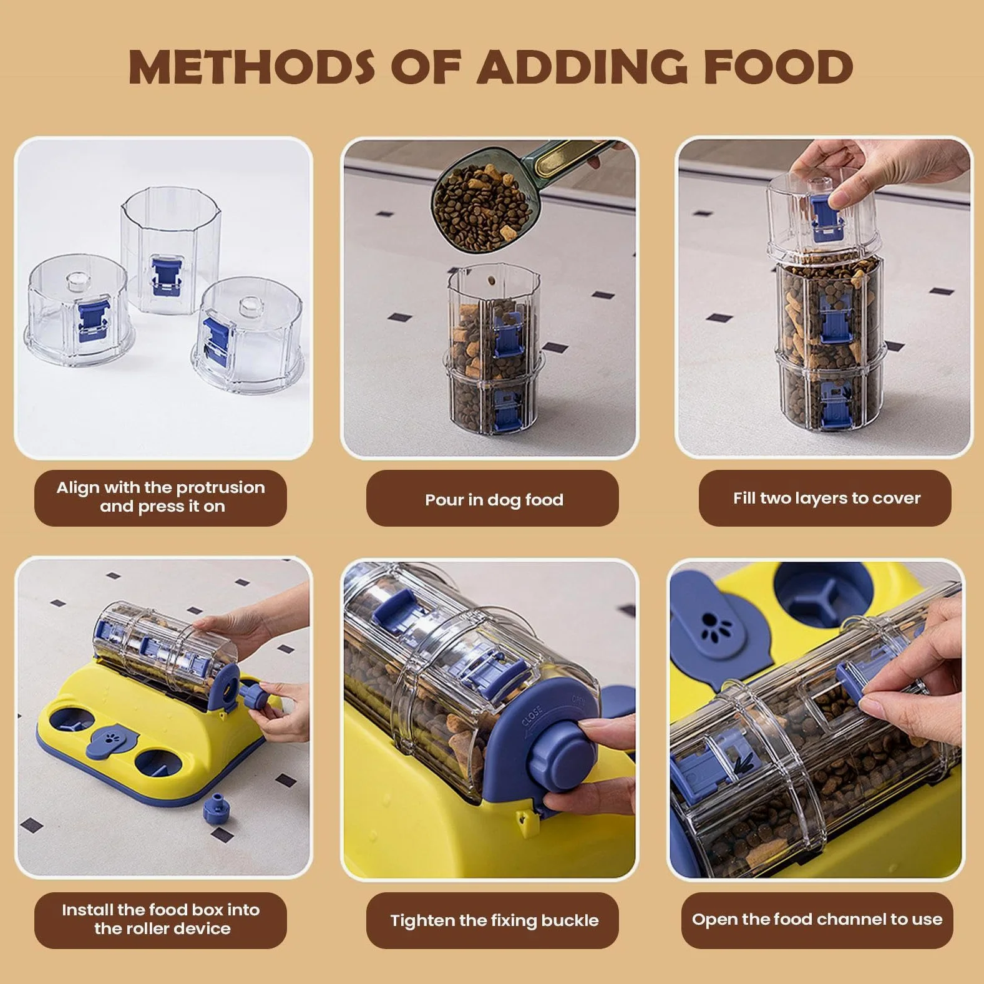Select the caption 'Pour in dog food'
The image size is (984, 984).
point(494,500)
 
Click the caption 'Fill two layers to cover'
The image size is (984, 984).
point(827,498)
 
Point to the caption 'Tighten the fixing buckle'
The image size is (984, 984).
point(494,920)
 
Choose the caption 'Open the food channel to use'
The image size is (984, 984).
point(817,919)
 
